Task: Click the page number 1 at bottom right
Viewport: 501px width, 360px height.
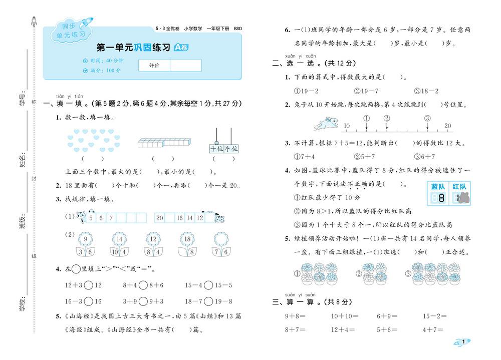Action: [x=464, y=341]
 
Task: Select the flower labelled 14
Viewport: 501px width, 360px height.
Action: [x=119, y=238]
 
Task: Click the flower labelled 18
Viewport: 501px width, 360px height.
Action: [x=187, y=238]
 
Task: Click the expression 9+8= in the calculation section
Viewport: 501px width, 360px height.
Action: [x=296, y=316]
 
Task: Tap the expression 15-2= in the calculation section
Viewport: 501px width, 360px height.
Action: [x=434, y=316]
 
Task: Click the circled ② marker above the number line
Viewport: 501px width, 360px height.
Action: [x=387, y=118]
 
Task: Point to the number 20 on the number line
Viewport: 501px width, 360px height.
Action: [x=447, y=126]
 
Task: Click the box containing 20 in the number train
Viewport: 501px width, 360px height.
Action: [x=160, y=218]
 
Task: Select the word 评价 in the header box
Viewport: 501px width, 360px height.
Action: [x=154, y=66]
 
